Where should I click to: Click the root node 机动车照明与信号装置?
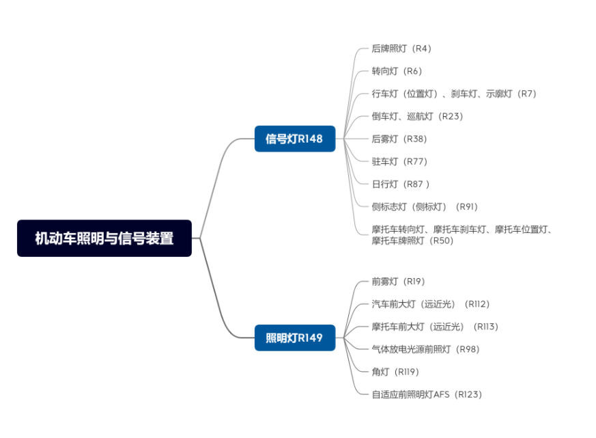104,238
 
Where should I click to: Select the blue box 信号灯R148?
294,139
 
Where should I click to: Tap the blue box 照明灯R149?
294,338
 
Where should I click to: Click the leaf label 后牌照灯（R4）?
401,49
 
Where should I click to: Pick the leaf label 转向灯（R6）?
397,71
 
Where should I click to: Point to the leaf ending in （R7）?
454,94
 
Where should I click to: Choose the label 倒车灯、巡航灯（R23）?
417,116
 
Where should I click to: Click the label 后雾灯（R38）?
399,139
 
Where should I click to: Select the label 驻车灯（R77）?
399,161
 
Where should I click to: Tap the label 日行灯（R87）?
401,184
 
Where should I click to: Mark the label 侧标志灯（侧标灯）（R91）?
425,206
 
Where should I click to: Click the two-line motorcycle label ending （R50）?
462,235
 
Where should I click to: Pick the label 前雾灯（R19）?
398,282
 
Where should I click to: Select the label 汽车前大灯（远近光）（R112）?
431,304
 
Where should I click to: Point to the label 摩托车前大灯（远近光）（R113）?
435,327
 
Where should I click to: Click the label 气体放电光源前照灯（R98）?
425,349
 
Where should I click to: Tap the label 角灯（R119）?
395,372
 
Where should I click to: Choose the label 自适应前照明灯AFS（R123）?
427,394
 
